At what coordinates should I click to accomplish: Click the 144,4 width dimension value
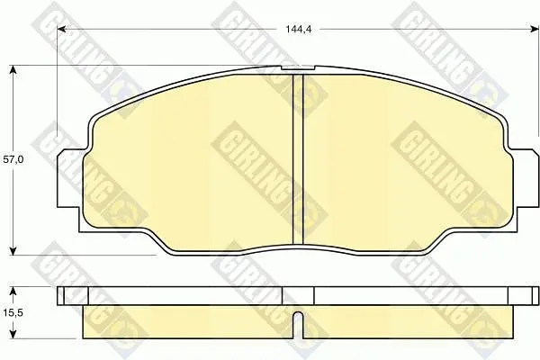click(298, 30)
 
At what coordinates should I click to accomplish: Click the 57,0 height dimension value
click(13, 159)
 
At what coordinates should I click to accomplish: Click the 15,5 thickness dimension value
click(13, 313)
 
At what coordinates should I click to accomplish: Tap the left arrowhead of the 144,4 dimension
click(62, 30)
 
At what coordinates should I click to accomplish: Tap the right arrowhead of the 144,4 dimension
click(534, 30)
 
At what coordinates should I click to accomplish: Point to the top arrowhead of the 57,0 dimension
click(13, 70)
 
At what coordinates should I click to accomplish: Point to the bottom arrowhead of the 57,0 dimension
click(13, 250)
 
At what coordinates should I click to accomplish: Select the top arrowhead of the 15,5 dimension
click(13, 292)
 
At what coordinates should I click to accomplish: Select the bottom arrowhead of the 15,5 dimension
click(13, 334)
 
